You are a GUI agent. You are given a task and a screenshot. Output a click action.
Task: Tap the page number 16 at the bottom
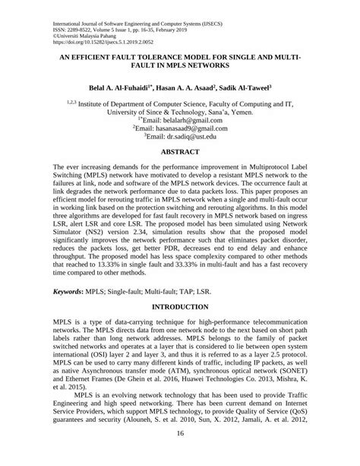coord(180,455)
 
